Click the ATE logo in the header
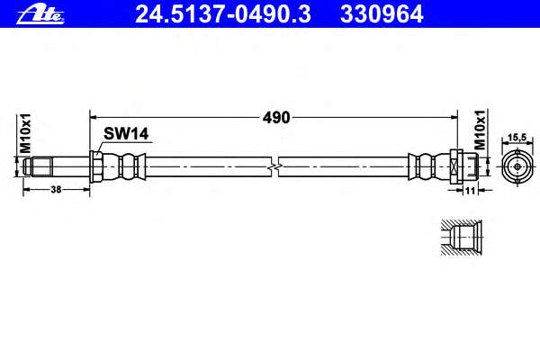pyautogui.click(x=40, y=14)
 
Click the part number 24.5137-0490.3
pyautogui.click(x=223, y=14)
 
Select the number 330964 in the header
pyautogui.click(x=382, y=14)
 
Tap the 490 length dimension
pyautogui.click(x=276, y=118)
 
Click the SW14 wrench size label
pyautogui.click(x=126, y=134)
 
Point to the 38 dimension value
pyautogui.click(x=56, y=189)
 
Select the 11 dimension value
pyautogui.click(x=470, y=190)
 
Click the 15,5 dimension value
pyautogui.click(x=517, y=138)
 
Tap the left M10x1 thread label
pyautogui.click(x=25, y=133)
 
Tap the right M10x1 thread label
pyautogui.click(x=480, y=130)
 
